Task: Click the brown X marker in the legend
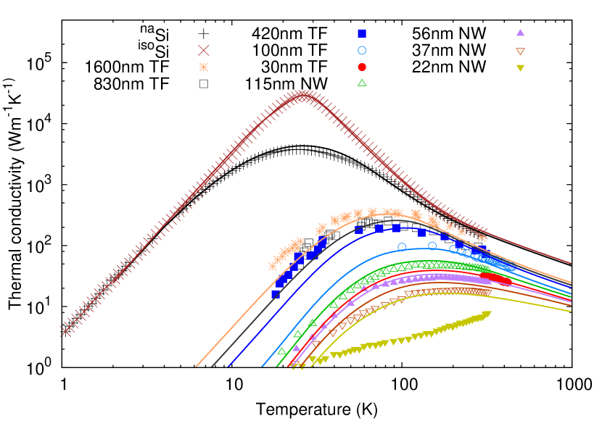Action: pos(204,50)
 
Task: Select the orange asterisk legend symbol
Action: pos(204,67)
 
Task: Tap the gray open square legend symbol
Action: pos(204,83)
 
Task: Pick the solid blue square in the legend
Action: pos(362,33)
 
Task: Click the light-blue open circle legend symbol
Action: pos(362,50)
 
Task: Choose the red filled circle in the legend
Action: pos(362,67)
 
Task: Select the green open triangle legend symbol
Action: pos(362,83)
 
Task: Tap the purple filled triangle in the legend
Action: pos(520,33)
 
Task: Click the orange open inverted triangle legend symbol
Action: pos(520,51)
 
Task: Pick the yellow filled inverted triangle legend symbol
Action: pos(520,67)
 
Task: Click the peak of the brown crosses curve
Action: pos(305,95)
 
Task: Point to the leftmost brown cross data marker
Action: pos(66,330)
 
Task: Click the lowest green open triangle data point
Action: pos(281,351)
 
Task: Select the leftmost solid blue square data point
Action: pos(276,293)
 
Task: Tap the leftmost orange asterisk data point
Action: pos(273,266)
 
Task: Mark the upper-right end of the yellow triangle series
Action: pos(487,314)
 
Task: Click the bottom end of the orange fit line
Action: pos(196,366)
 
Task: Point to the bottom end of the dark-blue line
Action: pos(228,366)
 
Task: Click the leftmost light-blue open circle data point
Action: pos(402,247)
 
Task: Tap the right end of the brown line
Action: pos(571,264)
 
